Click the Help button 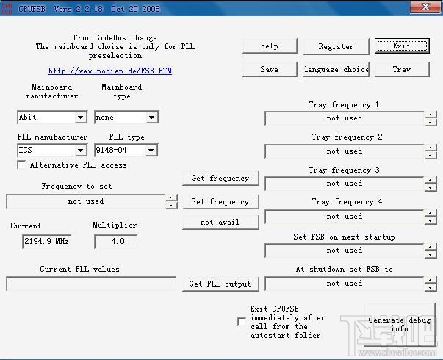tap(270, 46)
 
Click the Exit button tap(401, 46)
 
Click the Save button tap(270, 69)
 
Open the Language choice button tap(336, 69)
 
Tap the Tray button tap(401, 69)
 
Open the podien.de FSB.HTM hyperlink tap(109, 71)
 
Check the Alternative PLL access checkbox tap(21, 165)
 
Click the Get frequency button tap(220, 178)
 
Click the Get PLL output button tap(220, 284)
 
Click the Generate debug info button tap(400, 324)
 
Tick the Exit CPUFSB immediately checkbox tap(241, 322)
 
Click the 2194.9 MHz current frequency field tap(46, 241)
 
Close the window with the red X tap(425, 7)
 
